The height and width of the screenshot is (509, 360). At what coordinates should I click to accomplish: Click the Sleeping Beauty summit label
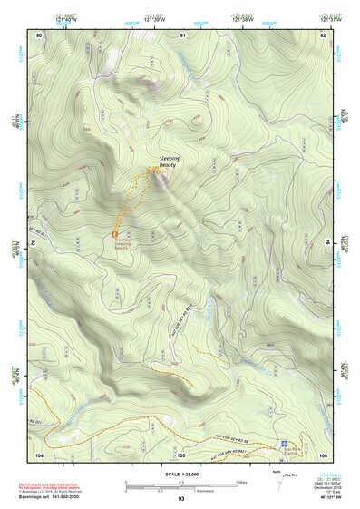click(x=169, y=162)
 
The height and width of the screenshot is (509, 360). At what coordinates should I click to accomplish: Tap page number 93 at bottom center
click(x=180, y=499)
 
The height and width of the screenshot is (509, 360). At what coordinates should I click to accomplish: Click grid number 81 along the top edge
click(x=181, y=34)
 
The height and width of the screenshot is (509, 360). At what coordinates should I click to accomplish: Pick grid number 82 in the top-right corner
click(x=322, y=34)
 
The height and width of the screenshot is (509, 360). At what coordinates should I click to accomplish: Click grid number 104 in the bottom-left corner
click(x=39, y=453)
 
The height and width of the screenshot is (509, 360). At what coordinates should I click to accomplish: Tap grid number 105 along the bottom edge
click(x=181, y=453)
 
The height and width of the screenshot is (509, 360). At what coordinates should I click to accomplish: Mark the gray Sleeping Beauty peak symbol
click(x=161, y=178)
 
